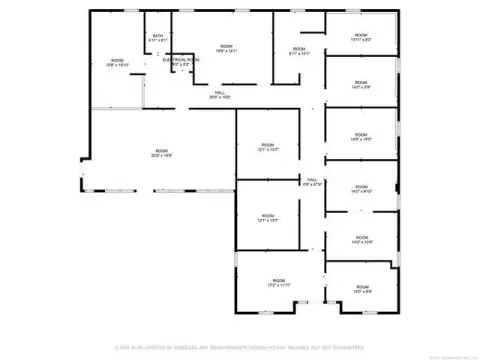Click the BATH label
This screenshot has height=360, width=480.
click(158, 37)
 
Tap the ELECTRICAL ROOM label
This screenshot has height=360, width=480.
click(179, 59)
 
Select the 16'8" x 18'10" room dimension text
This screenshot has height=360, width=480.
click(118, 65)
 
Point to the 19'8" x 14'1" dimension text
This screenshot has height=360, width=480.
click(226, 51)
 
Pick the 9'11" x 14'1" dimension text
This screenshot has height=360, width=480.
click(298, 53)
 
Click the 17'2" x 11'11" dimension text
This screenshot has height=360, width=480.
click(279, 286)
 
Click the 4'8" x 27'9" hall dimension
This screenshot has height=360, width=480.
click(312, 185)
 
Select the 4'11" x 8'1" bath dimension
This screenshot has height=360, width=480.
click(158, 42)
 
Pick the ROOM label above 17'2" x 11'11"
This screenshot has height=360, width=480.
click(279, 281)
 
